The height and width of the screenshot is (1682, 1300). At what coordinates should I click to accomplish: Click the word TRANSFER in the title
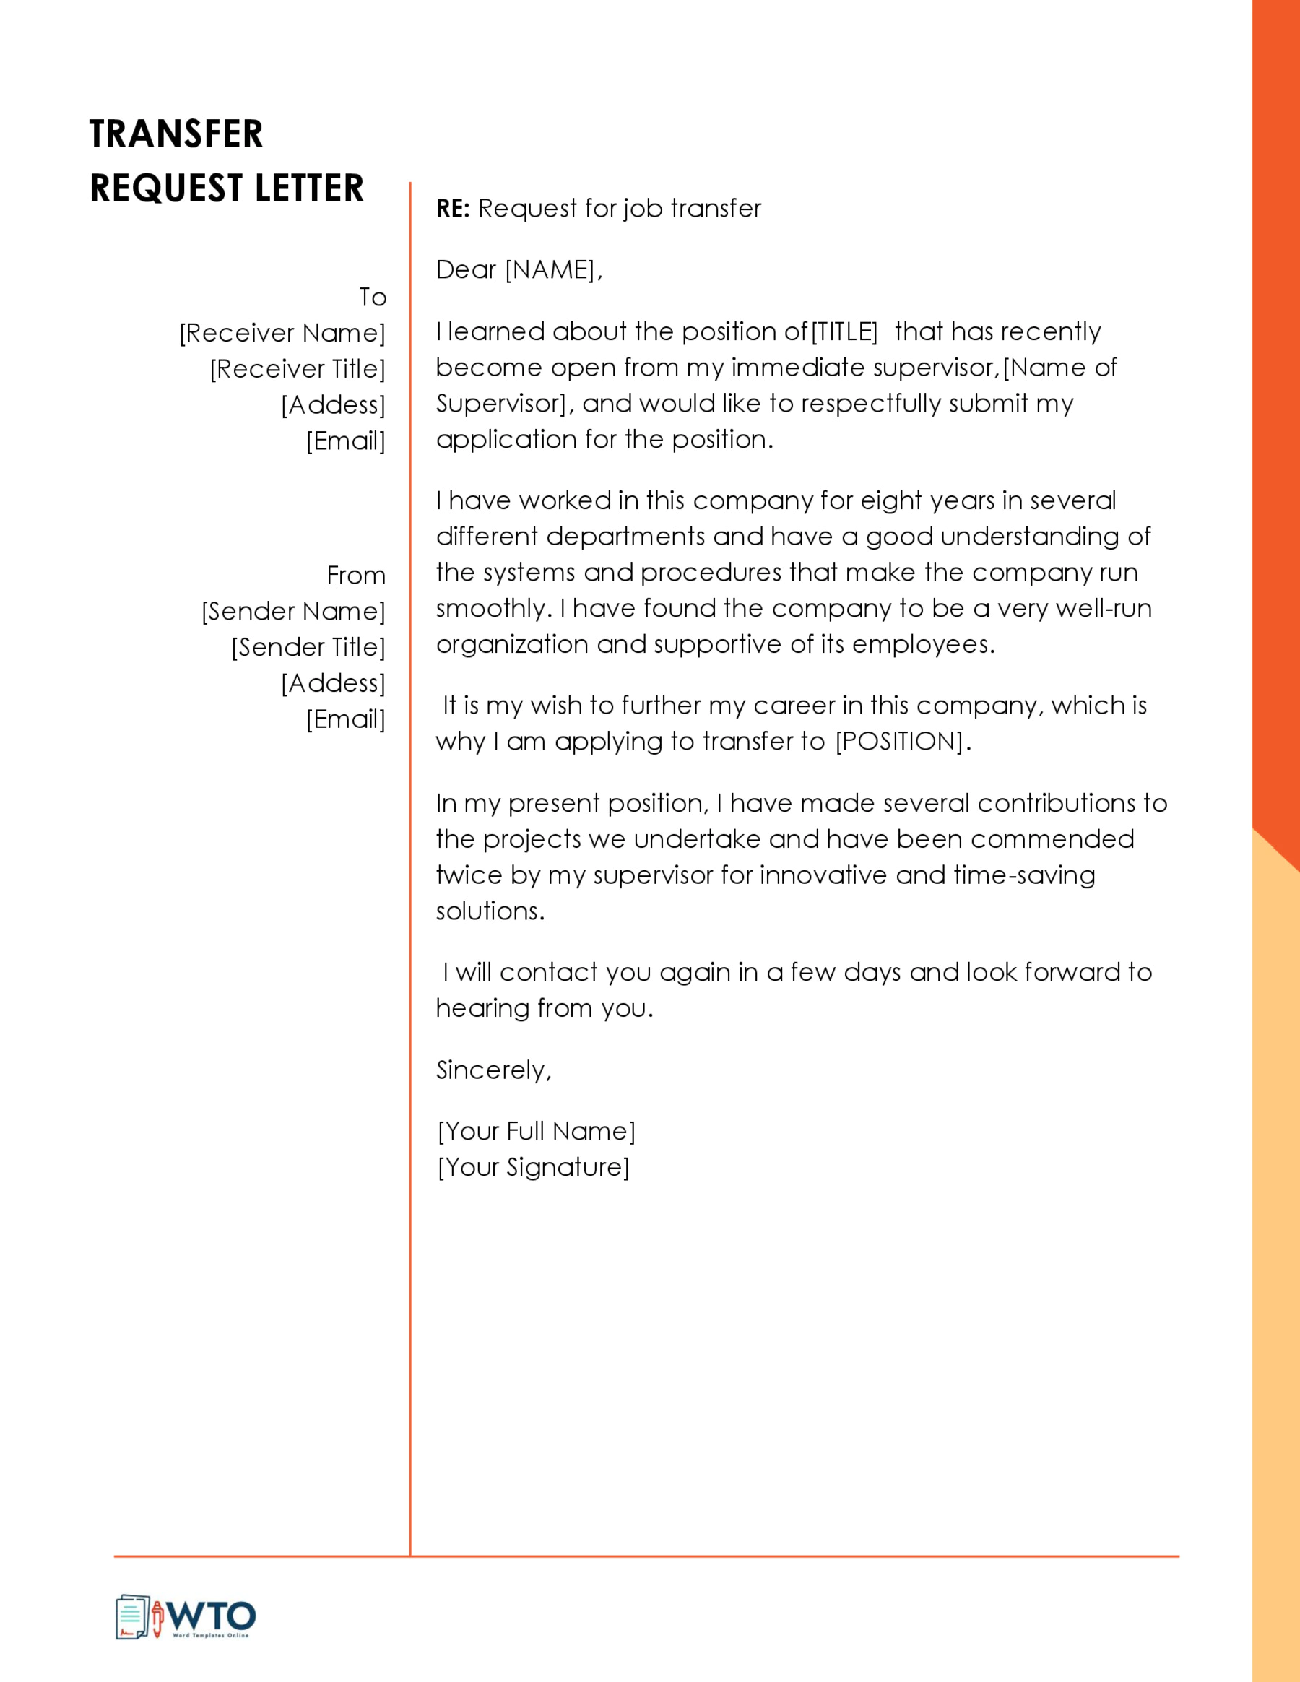point(175,134)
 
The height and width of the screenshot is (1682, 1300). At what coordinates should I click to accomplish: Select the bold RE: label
point(453,209)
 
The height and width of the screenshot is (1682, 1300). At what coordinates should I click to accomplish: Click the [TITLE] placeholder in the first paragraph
point(844,332)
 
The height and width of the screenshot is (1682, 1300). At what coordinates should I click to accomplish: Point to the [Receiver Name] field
point(282,334)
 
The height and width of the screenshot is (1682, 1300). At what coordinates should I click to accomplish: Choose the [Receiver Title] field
point(298,370)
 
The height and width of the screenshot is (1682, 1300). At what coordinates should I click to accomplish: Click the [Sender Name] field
point(292,612)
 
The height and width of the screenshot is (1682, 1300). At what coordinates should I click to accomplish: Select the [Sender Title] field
point(308,648)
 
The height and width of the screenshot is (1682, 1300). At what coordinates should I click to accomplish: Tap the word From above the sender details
point(356,576)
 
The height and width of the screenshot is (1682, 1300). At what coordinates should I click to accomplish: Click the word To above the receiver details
point(373,298)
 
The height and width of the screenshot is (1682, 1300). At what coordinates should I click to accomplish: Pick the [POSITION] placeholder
point(899,742)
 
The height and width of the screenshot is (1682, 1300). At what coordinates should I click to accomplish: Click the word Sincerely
point(493,1070)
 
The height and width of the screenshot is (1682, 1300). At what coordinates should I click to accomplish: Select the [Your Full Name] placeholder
point(536,1132)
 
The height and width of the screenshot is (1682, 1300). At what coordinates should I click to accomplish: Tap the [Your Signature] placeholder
point(533,1168)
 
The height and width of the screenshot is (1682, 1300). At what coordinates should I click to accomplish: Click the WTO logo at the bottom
point(186,1616)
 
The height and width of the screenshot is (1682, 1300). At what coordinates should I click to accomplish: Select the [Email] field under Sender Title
point(346,719)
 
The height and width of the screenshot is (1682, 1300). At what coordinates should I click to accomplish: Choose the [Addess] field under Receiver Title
point(333,405)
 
